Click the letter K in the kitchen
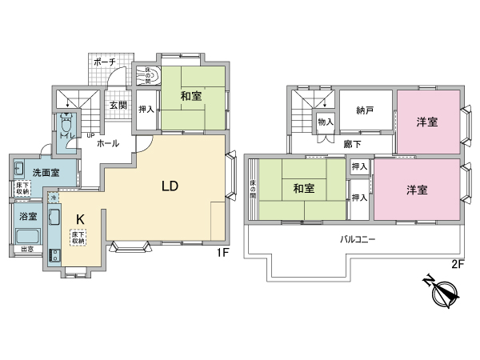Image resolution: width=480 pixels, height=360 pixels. click(x=80, y=218)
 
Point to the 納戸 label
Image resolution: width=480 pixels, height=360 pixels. click(x=366, y=111)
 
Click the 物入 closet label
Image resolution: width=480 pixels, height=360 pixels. click(x=325, y=122)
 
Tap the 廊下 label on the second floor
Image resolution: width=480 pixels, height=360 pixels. click(x=354, y=144)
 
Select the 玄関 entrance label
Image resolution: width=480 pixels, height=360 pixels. click(x=118, y=105)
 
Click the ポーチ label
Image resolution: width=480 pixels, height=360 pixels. click(x=104, y=62)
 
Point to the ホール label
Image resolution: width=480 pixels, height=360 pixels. click(x=108, y=143)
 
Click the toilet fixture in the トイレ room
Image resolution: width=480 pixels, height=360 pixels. click(x=66, y=127)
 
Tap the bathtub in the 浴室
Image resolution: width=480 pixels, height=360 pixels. click(x=28, y=237)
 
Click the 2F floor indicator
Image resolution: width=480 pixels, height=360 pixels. click(x=457, y=264)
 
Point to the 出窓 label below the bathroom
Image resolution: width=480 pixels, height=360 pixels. click(x=26, y=258)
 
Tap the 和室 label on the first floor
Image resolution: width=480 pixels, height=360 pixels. click(x=190, y=97)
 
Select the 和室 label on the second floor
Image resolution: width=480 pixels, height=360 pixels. click(x=303, y=189)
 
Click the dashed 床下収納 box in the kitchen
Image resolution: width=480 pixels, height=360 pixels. click(x=78, y=238)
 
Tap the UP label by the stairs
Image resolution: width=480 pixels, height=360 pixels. click(x=90, y=134)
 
